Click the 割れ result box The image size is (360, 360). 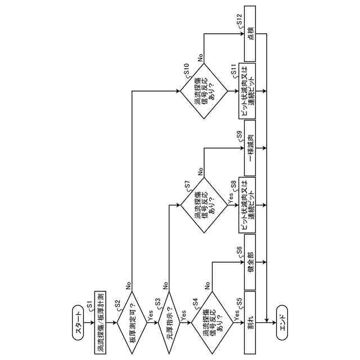coord(250,322)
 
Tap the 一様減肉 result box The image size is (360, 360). coord(250,148)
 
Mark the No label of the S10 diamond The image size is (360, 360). coord(200,58)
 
